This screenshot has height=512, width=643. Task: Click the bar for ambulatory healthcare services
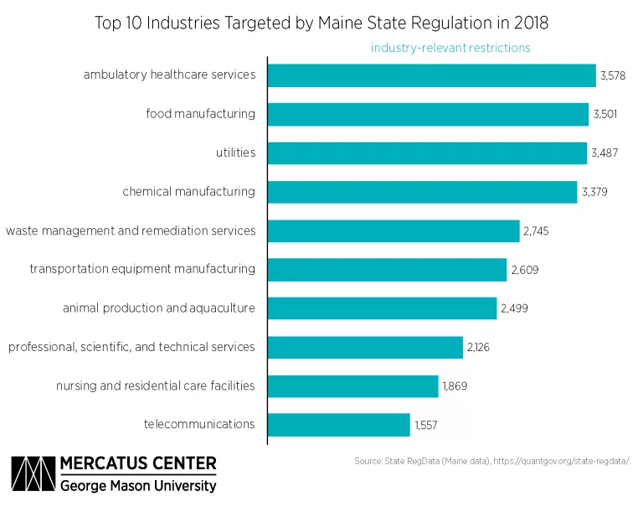(431, 75)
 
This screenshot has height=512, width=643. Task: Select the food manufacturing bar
(428, 114)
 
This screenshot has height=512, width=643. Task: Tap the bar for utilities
(427, 153)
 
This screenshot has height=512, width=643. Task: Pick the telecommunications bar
(339, 425)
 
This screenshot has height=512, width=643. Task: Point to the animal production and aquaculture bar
(382, 308)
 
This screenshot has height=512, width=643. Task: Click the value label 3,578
(613, 75)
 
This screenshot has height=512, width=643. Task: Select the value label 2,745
(537, 230)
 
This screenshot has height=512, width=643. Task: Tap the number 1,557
(425, 425)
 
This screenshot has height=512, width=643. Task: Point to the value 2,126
(477, 347)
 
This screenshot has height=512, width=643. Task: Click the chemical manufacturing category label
(188, 192)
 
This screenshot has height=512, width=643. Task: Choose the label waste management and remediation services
(131, 230)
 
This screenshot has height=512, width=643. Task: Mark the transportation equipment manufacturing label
(142, 269)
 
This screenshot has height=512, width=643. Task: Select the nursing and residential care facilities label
(155, 385)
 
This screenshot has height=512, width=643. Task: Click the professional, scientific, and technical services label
(131, 347)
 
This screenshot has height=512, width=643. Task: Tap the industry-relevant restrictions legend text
(450, 48)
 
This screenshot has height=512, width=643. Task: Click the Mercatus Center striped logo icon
(32, 474)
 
